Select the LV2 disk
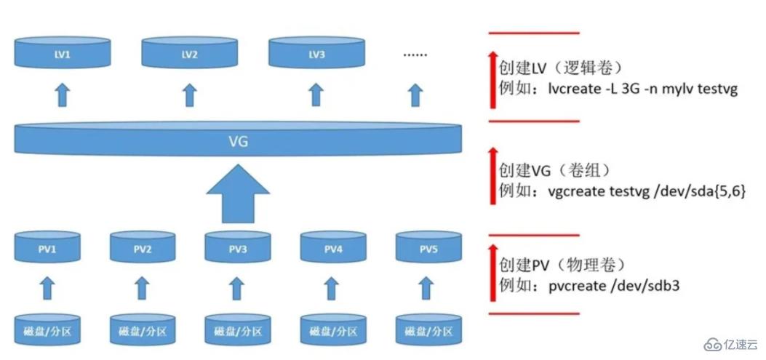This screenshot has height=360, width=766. pyautogui.click(x=189, y=54)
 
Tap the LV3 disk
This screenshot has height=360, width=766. pyautogui.click(x=316, y=54)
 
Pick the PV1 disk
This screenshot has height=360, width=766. pyautogui.click(x=47, y=248)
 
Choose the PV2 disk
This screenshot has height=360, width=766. pyautogui.click(x=143, y=248)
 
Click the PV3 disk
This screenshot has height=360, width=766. pyautogui.click(x=238, y=248)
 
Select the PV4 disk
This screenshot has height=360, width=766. pyautogui.click(x=333, y=248)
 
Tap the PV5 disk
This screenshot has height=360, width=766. pyautogui.click(x=428, y=248)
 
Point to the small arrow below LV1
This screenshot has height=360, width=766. pyautogui.click(x=63, y=94)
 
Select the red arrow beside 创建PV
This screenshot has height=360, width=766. pyautogui.click(x=493, y=273)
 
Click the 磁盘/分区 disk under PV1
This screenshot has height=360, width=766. pyautogui.click(x=47, y=331)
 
